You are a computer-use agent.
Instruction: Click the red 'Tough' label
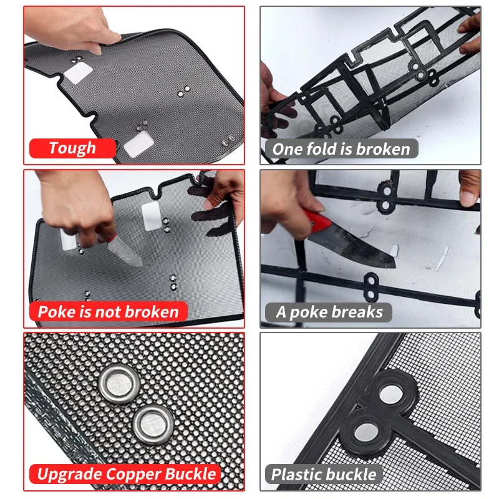click(x=72, y=148)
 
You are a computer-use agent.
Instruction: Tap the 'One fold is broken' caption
click(x=341, y=148)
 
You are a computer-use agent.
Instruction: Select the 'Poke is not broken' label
click(x=108, y=311)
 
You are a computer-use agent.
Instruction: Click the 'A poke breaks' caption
click(x=329, y=311)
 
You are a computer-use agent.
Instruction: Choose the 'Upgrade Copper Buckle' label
click(x=126, y=474)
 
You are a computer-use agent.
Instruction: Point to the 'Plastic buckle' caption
click(x=324, y=474)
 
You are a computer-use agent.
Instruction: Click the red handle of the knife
click(x=316, y=221)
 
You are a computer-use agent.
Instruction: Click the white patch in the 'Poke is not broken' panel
click(x=152, y=215)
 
